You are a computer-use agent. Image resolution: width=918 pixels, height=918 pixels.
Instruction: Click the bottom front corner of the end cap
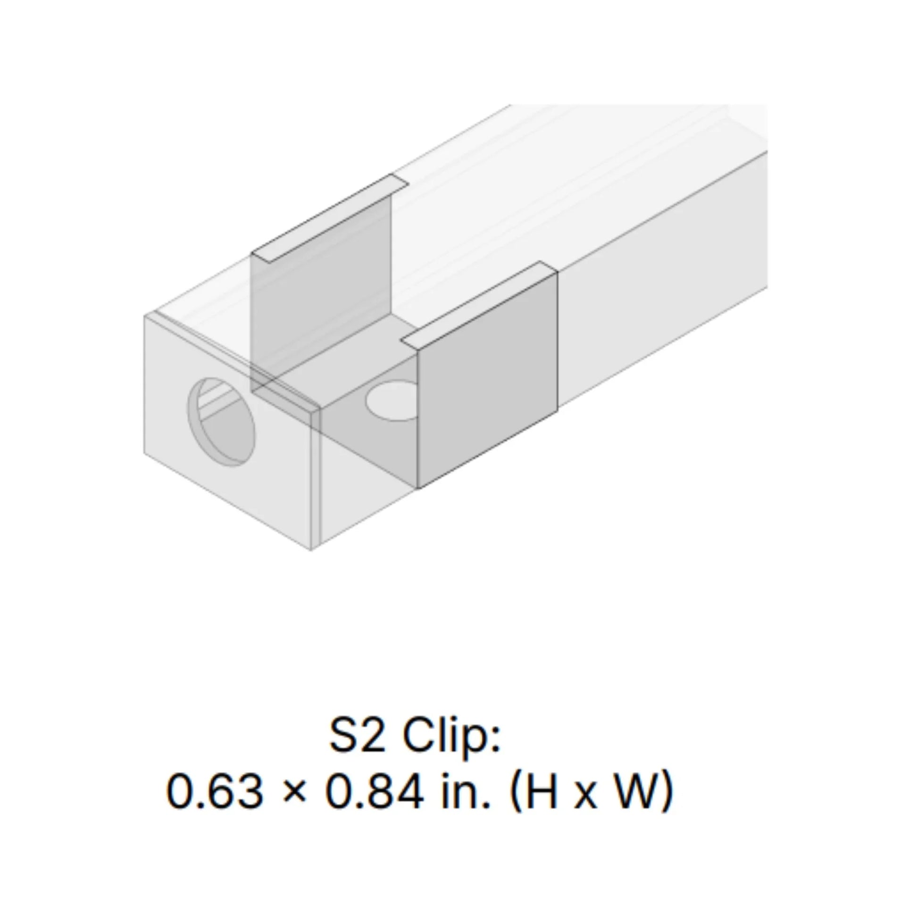click(x=311, y=550)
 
